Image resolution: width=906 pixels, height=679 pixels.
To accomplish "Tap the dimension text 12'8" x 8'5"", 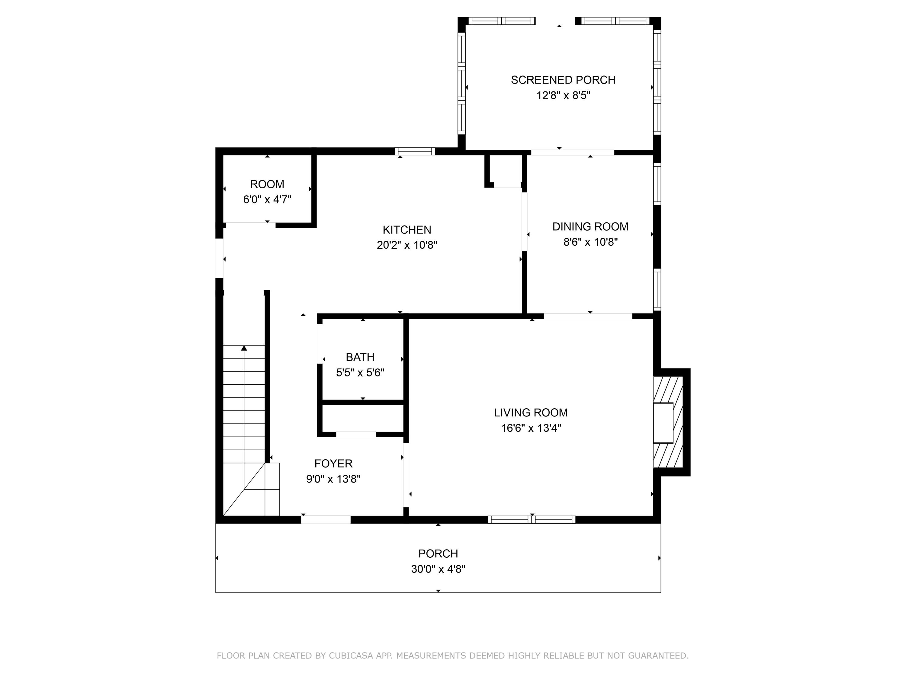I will [563, 95].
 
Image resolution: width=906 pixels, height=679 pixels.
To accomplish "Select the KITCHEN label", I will [407, 230].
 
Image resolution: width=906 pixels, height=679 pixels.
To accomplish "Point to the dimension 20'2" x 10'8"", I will [407, 245].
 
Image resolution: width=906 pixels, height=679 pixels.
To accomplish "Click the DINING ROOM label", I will [590, 227].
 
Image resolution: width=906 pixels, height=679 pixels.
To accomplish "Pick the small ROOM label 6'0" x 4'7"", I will [267, 192].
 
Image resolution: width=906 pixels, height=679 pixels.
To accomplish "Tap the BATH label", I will [360, 357].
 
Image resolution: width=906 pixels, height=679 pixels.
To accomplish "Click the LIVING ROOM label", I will [531, 413].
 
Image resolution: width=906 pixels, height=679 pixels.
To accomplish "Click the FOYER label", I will [333, 463].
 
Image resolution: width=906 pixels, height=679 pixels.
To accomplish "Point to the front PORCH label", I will [438, 553].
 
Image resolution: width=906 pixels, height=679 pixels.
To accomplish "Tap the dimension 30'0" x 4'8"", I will [438, 569].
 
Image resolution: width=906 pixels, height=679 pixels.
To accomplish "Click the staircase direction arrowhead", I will [244, 348].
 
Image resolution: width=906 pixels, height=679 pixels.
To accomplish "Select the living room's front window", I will [531, 519].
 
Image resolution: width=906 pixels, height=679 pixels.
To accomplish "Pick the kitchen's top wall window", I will [415, 151].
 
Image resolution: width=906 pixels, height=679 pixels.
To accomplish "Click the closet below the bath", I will [362, 418].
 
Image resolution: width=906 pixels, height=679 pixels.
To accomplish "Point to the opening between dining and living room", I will [588, 316].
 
